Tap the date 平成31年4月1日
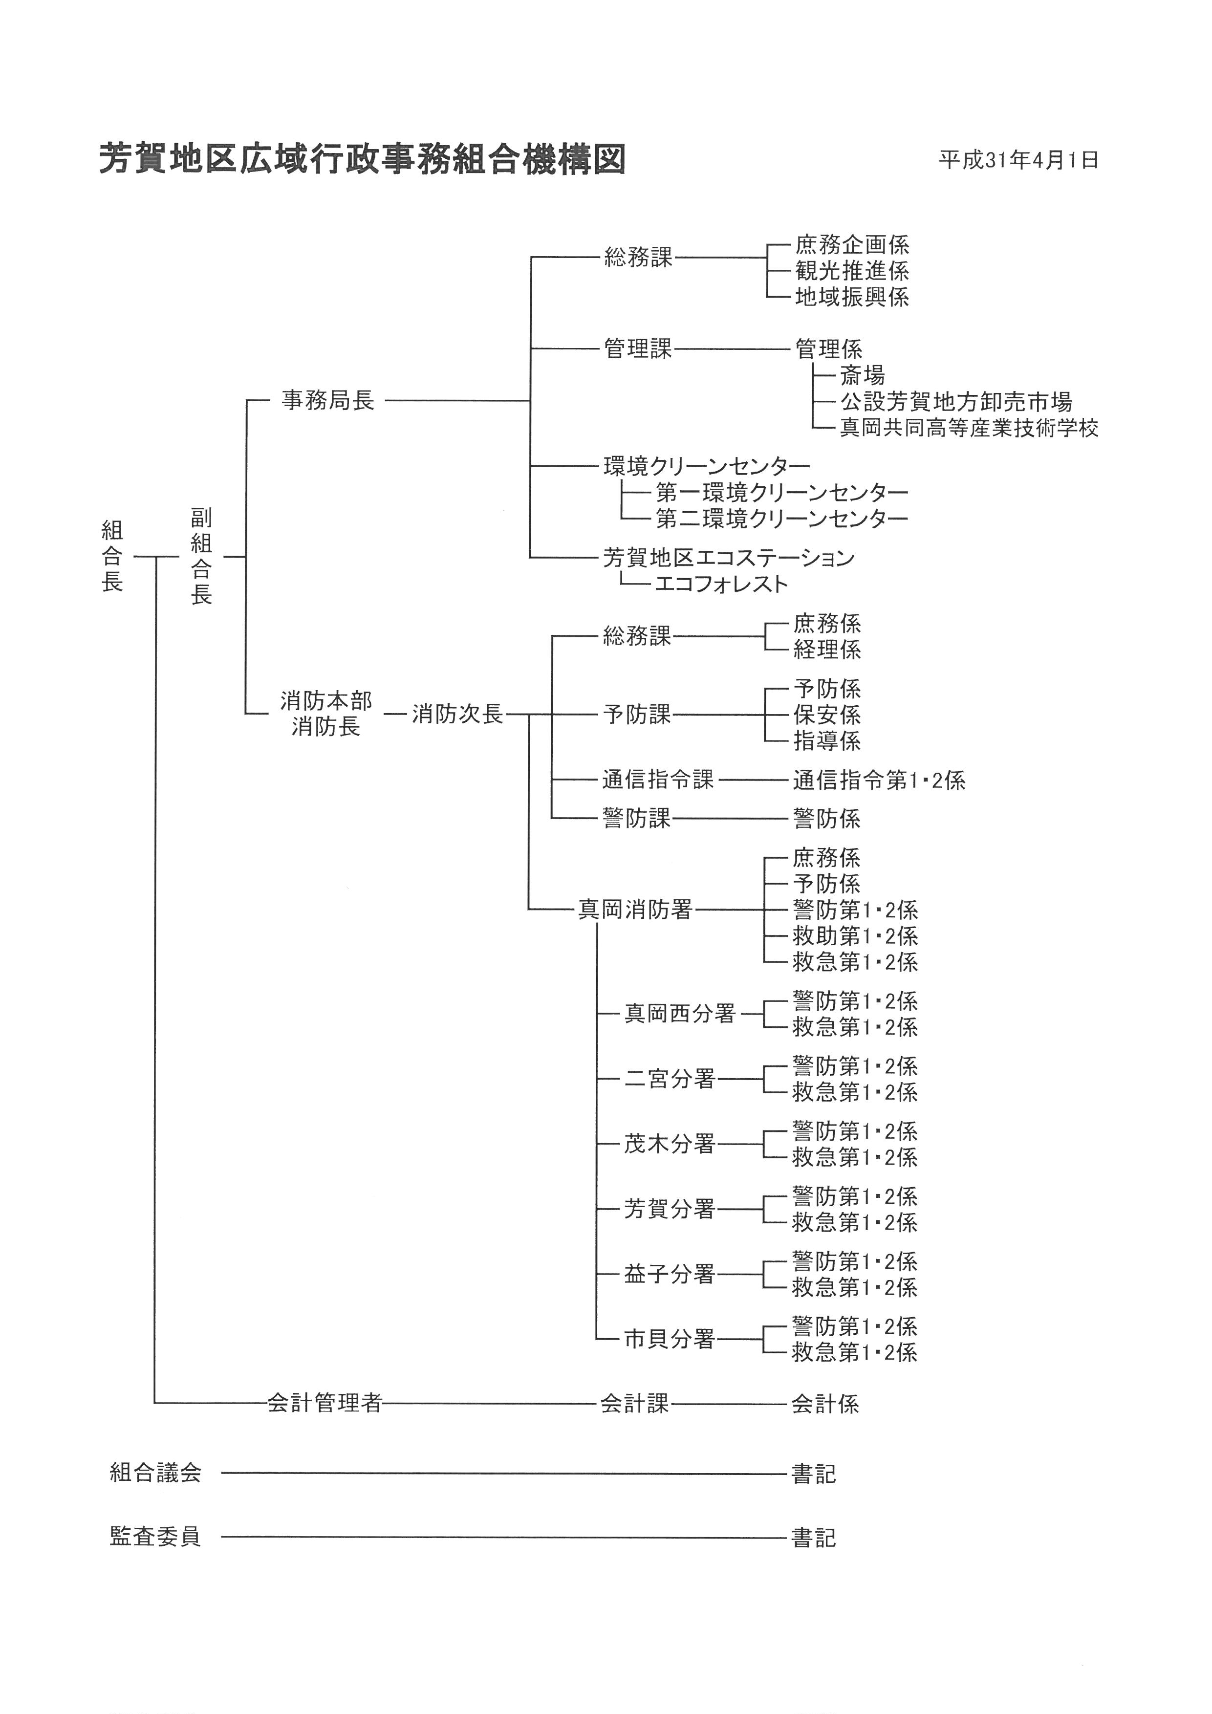[1018, 160]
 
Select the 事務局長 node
[327, 401]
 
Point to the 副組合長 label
[201, 556]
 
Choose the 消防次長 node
[457, 715]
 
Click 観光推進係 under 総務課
[851, 271]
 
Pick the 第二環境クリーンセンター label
[781, 518]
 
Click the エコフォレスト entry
[721, 583]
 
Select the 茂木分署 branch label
[670, 1144]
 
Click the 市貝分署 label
[670, 1339]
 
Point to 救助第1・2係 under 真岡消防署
[855, 936]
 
